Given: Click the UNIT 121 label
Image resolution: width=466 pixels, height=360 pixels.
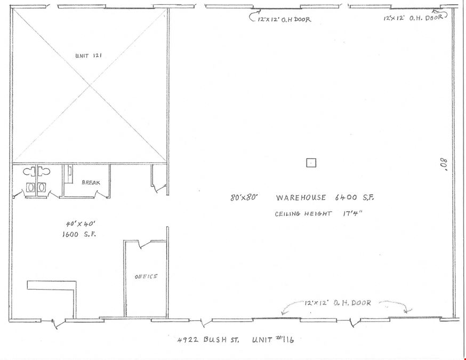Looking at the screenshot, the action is (x=89, y=55).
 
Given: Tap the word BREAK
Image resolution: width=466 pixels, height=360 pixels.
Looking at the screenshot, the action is (x=91, y=182).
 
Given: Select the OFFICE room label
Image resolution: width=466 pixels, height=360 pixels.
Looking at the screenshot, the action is (x=146, y=276).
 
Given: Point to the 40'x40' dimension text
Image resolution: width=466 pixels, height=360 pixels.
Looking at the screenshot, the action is (x=81, y=223).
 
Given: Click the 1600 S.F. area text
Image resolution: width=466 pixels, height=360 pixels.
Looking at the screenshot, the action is (x=79, y=234).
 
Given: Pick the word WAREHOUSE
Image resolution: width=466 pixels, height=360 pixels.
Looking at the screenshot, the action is (x=301, y=198).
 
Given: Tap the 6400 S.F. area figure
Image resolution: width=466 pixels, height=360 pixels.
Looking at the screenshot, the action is (x=354, y=197).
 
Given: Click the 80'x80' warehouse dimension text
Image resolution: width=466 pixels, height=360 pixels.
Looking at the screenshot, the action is (x=244, y=197).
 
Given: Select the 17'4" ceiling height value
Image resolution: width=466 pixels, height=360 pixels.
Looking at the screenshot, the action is (x=353, y=213).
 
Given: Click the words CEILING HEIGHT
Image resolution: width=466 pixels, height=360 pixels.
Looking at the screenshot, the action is (x=303, y=214).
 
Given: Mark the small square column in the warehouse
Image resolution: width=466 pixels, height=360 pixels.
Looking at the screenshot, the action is (x=311, y=163).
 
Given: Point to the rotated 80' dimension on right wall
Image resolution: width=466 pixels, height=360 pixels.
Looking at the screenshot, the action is (x=444, y=164).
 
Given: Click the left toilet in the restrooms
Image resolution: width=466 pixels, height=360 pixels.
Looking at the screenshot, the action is (x=29, y=172).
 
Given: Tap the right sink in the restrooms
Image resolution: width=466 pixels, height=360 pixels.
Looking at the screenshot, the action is (x=42, y=187).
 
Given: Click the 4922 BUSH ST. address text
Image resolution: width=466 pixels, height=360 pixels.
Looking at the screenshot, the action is (x=208, y=340).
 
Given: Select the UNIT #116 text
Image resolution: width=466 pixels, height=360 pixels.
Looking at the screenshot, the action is (x=273, y=339).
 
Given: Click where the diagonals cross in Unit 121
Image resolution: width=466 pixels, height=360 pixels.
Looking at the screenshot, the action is (x=90, y=86).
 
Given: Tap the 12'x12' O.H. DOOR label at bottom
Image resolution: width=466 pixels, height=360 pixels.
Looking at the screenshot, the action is (x=338, y=303).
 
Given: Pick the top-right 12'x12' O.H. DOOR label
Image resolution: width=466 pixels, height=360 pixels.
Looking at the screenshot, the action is (x=413, y=18).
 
